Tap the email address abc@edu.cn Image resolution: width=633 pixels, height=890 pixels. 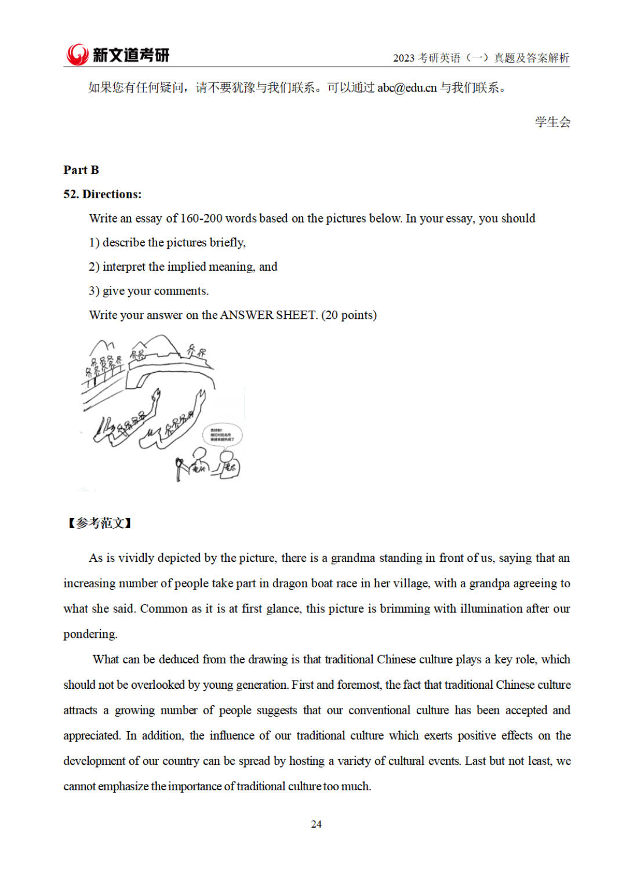click(x=406, y=88)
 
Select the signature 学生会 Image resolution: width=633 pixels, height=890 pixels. click(x=552, y=122)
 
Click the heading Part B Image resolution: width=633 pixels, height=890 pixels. click(x=81, y=170)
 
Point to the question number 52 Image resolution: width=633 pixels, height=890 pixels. click(x=71, y=194)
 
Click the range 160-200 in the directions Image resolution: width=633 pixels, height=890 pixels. click(x=201, y=219)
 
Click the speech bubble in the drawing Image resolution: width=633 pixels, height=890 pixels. click(x=222, y=435)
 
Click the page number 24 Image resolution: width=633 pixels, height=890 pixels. click(x=316, y=824)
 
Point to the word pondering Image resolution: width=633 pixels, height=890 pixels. click(x=90, y=634)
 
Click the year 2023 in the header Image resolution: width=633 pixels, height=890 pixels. click(x=403, y=58)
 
